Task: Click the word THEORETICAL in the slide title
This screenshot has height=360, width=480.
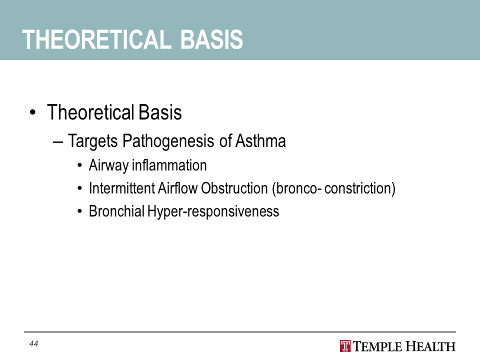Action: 96,39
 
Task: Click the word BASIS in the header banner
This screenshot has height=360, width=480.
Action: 211,39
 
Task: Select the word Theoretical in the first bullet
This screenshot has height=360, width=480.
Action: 90,112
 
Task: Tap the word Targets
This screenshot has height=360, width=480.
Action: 93,141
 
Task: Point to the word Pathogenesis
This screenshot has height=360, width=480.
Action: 168,141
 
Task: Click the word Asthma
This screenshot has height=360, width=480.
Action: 260,141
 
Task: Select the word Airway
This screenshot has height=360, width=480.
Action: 108,165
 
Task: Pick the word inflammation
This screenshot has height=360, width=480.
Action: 169,165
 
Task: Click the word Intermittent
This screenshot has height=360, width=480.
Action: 122,188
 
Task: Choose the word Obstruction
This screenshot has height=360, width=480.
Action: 234,188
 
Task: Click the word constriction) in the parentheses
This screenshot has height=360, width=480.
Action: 360,188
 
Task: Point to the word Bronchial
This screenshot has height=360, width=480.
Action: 116,211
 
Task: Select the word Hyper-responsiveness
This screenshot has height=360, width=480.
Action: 213,211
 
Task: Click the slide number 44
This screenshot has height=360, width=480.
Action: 33,344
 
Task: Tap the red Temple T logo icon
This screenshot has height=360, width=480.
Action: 345,346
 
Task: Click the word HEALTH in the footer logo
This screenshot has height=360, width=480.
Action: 430,346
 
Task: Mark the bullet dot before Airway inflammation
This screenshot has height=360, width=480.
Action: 80,166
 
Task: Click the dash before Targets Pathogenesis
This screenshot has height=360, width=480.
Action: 58,142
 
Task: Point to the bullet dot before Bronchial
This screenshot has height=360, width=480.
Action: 80,211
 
